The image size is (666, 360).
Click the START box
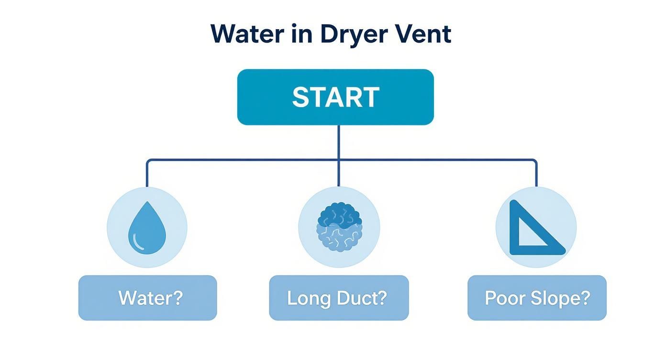coord(335,97)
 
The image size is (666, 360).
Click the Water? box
coord(147,298)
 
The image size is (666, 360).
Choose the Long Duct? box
coord(339,298)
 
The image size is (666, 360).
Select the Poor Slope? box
coord(537,298)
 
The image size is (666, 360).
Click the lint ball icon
coord(339,227)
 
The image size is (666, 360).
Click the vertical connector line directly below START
coord(339,142)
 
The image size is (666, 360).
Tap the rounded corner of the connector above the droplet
coord(149,161)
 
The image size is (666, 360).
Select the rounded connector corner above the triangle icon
coord(534,161)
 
